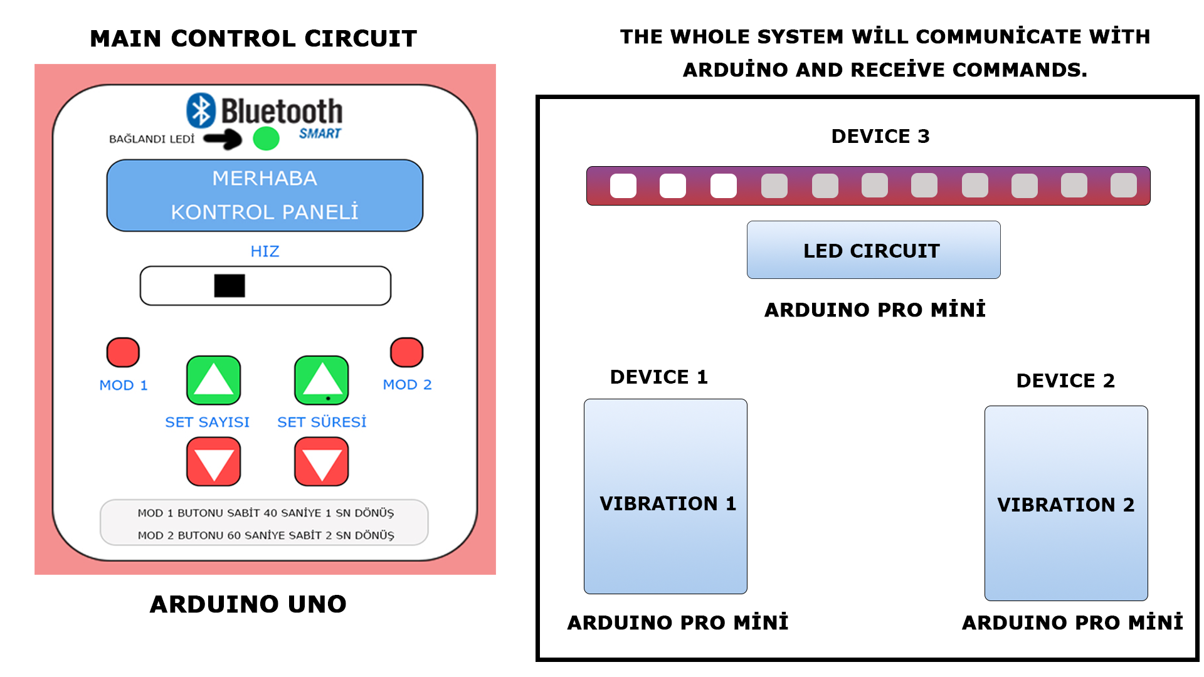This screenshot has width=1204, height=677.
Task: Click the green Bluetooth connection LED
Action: pos(266,139)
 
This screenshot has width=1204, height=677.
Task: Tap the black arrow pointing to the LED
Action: pos(223,139)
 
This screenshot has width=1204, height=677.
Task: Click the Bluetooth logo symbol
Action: pos(201,110)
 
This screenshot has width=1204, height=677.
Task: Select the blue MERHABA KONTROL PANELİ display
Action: pos(265,196)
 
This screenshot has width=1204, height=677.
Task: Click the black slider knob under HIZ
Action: pos(230,286)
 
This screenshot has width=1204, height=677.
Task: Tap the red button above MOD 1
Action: pos(123,352)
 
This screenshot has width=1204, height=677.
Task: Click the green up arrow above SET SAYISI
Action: pos(214,380)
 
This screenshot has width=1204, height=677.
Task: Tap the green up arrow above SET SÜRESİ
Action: pos(322,380)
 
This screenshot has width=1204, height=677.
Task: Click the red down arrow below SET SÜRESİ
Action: pos(322,462)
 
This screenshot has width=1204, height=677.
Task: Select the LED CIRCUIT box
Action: pos(874,249)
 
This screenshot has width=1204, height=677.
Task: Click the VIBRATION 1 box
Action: pos(665,496)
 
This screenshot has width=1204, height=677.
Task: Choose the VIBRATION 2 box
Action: pos(1066,503)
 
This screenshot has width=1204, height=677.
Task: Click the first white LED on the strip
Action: pos(623,186)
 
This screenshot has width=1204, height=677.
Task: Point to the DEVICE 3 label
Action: pos(880,136)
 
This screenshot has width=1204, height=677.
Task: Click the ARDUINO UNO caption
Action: pos(248,604)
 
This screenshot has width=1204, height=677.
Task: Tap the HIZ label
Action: pos(265,251)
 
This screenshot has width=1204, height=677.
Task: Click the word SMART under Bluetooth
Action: pos(320,134)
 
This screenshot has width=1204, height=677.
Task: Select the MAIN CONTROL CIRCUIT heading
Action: pos(253,38)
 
